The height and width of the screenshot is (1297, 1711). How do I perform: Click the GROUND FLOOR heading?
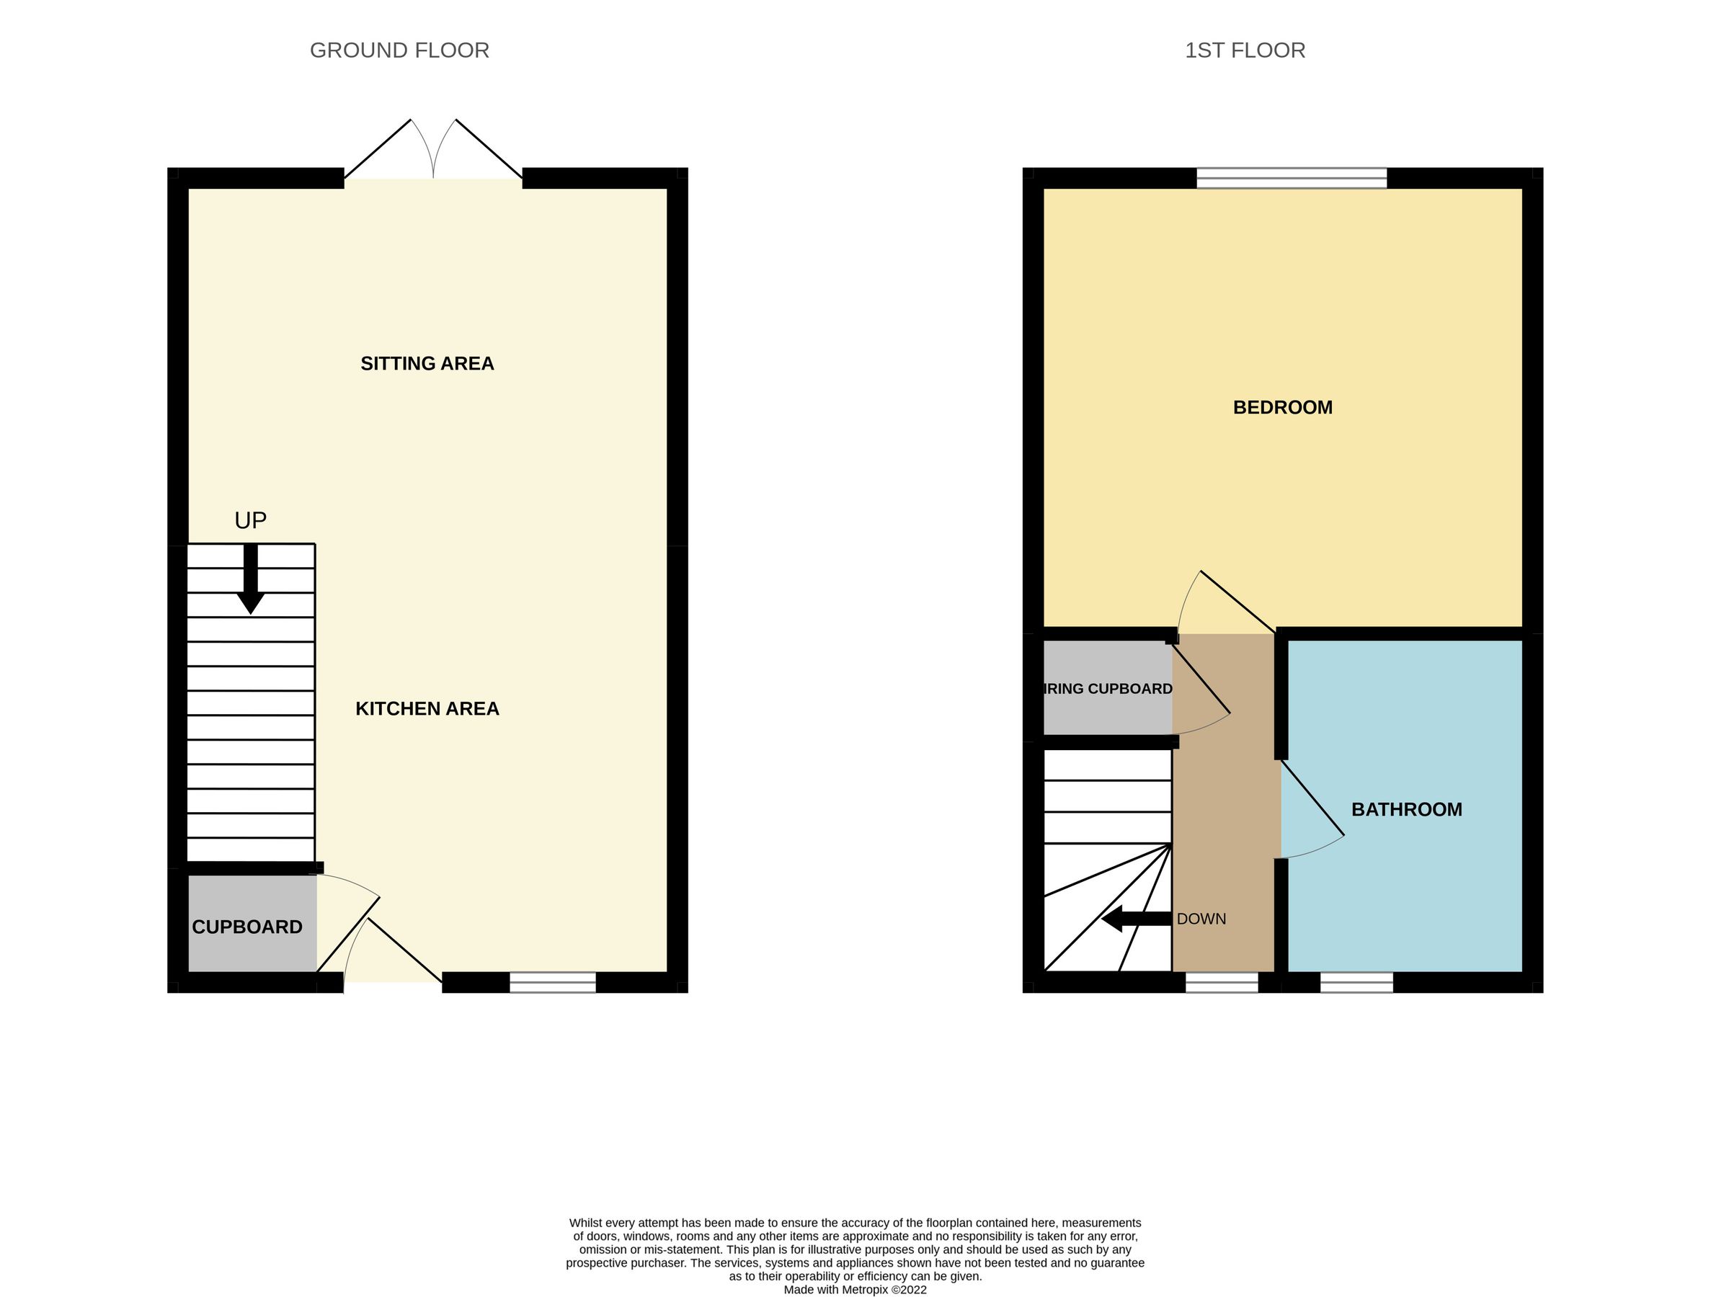[x=399, y=51]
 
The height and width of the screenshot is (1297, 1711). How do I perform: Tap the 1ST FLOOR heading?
[x=1245, y=51]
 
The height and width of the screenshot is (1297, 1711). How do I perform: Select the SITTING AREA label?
[x=427, y=363]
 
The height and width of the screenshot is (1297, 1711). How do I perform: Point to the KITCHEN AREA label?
[x=427, y=708]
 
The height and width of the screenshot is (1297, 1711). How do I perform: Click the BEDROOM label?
[x=1282, y=408]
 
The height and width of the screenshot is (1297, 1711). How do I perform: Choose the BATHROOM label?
[x=1406, y=810]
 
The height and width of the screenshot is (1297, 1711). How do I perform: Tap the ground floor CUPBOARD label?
[x=246, y=927]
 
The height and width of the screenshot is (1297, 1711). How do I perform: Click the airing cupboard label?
[x=1108, y=689]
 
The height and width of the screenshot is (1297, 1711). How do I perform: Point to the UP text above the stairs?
[x=251, y=521]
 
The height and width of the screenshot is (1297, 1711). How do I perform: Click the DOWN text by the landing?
[x=1201, y=919]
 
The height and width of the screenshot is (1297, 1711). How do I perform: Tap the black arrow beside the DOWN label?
[x=1136, y=919]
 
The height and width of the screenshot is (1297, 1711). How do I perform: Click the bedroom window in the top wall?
[x=1292, y=179]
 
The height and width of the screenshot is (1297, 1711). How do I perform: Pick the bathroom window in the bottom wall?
[x=1356, y=982]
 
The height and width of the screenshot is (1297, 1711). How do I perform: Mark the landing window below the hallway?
[x=1222, y=982]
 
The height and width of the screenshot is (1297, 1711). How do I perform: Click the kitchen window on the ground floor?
[x=552, y=982]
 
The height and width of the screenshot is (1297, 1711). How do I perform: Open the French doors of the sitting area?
[x=433, y=155]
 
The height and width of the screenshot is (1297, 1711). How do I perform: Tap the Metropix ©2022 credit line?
[x=855, y=1290]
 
